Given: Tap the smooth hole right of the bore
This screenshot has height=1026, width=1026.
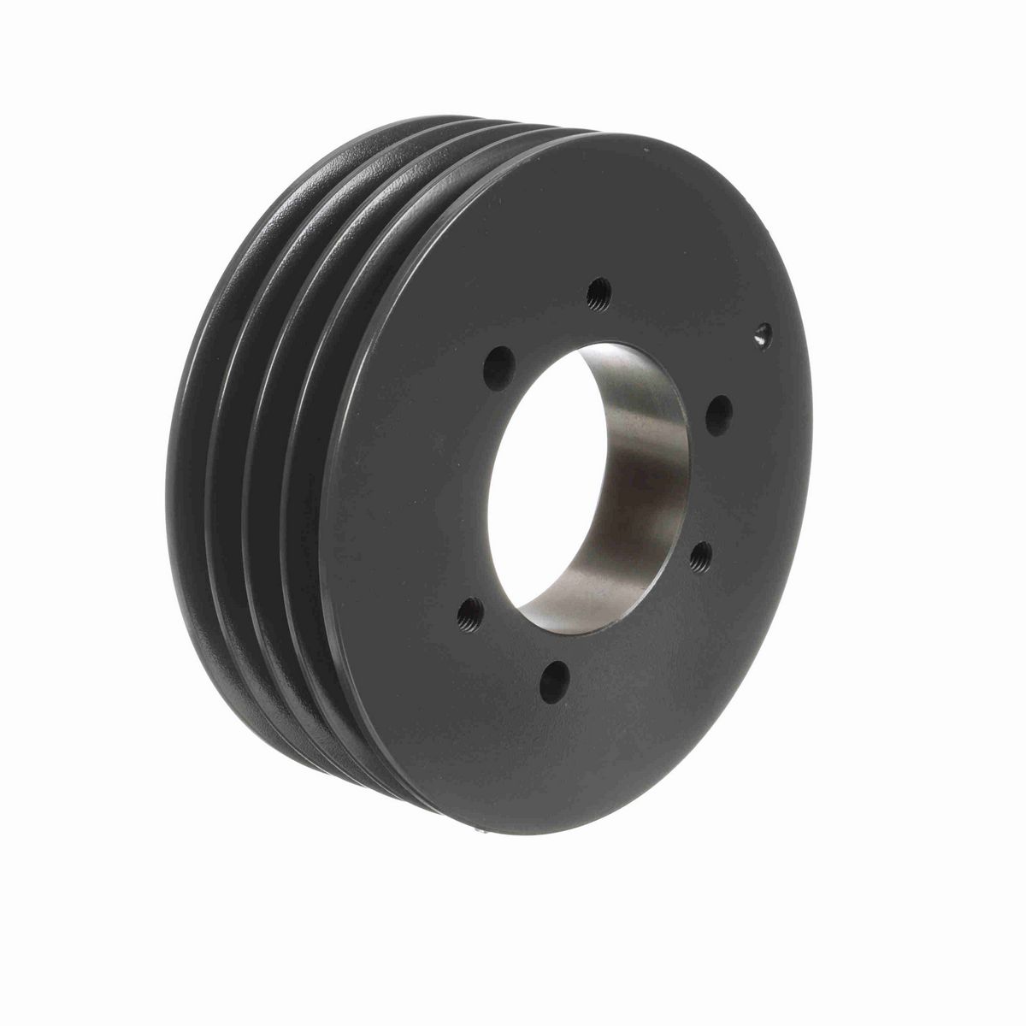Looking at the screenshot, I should tap(719, 415).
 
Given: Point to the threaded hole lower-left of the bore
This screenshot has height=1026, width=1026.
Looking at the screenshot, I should tap(469, 612).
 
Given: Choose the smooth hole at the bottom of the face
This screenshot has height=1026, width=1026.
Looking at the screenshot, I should tap(557, 681).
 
